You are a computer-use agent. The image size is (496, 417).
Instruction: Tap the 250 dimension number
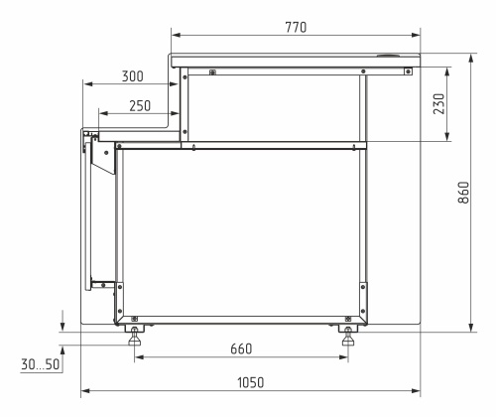(141, 106)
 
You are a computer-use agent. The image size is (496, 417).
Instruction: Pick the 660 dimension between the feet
(241, 348)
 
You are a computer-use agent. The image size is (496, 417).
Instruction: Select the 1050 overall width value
(250, 382)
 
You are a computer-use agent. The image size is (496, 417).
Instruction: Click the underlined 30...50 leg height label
(40, 365)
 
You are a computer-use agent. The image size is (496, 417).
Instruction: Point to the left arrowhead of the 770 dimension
(174, 38)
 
